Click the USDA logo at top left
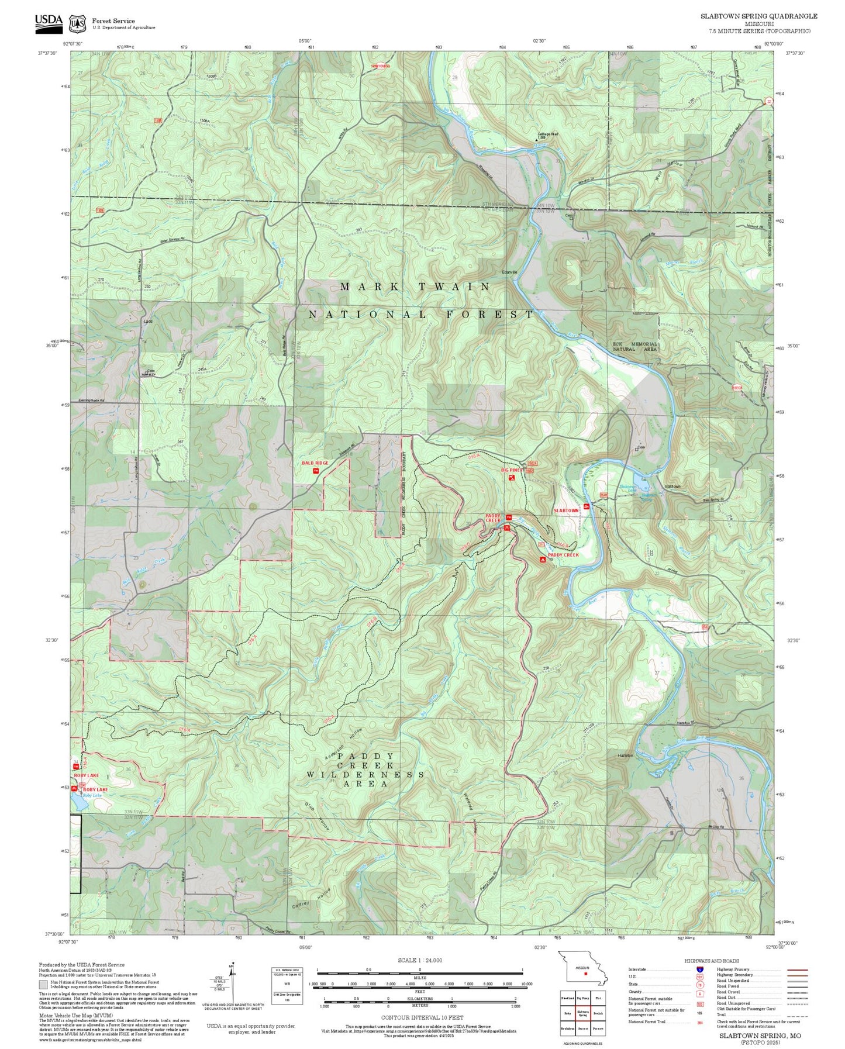click(49, 22)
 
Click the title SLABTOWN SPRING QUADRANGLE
click(759, 16)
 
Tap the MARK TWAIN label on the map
click(415, 287)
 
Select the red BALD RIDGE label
click(315, 463)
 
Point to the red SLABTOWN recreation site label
click(565, 510)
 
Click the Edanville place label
click(510, 272)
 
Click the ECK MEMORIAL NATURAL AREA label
click(635, 346)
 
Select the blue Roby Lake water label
click(92, 795)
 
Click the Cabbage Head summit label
click(547, 134)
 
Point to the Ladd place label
click(148, 322)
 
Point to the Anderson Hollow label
click(344, 743)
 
